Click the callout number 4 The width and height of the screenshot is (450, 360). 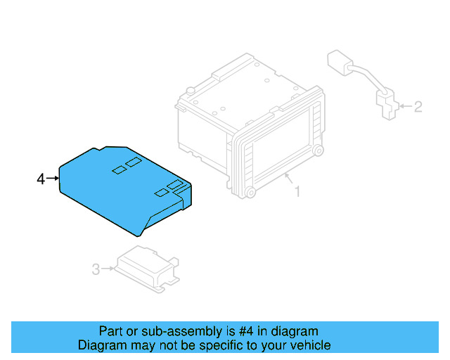click(40, 179)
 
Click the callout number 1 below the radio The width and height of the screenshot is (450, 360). click(296, 191)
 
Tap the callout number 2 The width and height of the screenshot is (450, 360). click(418, 107)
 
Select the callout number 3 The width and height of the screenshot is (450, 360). click(96, 268)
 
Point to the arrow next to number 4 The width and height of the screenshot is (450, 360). click(53, 179)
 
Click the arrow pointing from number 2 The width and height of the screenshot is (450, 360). click(403, 107)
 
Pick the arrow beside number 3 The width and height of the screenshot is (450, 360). click(109, 268)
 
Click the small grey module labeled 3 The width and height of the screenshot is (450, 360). click(147, 269)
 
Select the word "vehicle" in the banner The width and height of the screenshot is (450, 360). click(309, 345)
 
